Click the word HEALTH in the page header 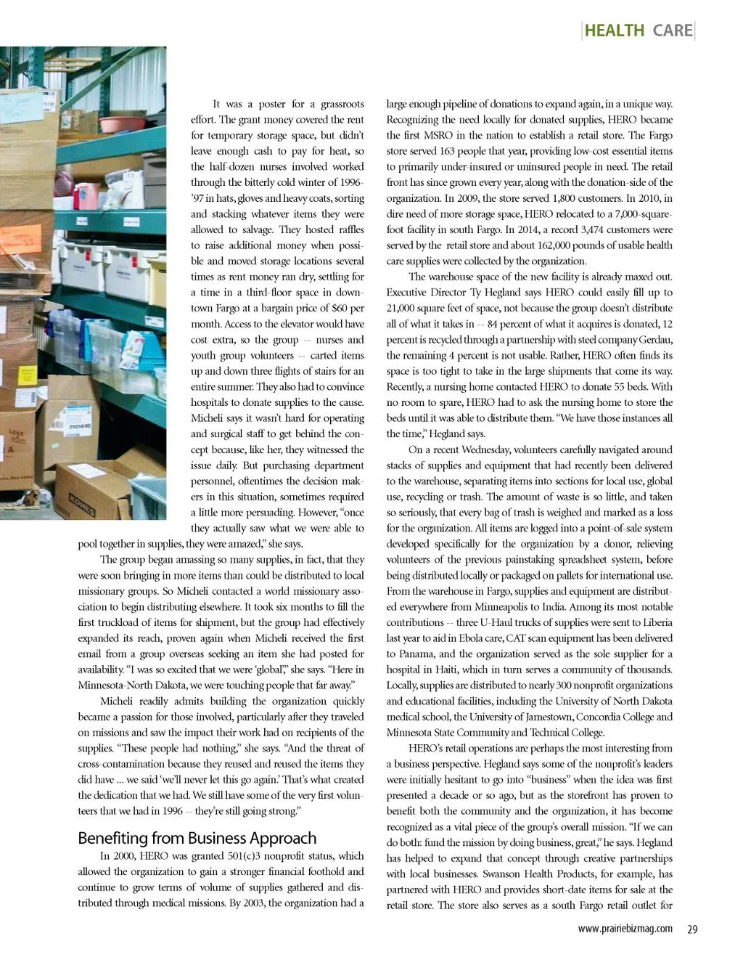[x=614, y=30]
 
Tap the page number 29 [x=691, y=929]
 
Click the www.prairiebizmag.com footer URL [x=625, y=929]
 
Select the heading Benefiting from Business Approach [x=197, y=838]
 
